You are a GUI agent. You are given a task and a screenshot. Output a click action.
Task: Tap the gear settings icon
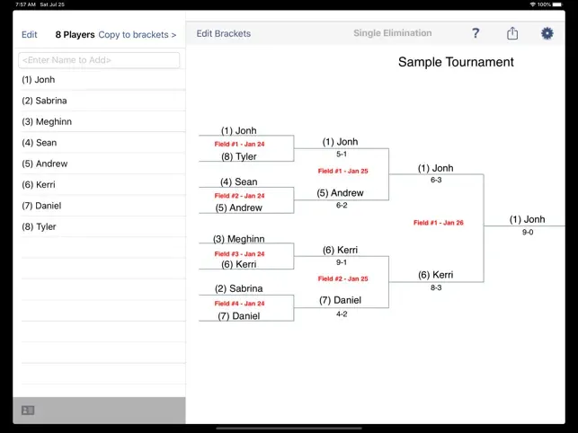point(547,33)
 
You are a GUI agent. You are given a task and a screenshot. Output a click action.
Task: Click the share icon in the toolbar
point(512,33)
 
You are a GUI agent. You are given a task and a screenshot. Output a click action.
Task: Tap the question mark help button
point(476,33)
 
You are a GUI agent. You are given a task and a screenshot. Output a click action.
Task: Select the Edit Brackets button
point(224,33)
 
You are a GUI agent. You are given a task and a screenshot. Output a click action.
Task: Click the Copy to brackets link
point(138,35)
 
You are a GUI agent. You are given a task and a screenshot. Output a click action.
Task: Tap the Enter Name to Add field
point(99,60)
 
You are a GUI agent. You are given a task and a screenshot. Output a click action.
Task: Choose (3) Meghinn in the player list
point(47,121)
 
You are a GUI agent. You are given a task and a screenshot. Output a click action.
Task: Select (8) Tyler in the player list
point(39,226)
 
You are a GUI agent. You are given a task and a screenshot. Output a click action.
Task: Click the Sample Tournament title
point(456,62)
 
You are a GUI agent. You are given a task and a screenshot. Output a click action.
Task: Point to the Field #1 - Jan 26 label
point(439,223)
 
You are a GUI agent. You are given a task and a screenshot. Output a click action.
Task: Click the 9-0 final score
point(528,232)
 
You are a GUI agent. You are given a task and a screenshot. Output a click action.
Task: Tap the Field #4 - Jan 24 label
point(240,304)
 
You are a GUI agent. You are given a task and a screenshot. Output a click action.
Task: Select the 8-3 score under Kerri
point(436,287)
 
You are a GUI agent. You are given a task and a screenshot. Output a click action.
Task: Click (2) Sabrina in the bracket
point(239,288)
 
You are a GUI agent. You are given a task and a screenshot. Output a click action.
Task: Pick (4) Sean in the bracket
point(239,182)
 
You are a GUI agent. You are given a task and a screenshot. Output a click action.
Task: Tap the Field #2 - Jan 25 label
point(342,278)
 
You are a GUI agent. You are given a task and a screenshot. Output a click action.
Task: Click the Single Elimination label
point(393,33)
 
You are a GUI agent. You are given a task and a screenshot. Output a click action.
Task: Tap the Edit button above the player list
point(30,35)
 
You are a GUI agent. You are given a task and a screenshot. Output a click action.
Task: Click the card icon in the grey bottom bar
point(28,411)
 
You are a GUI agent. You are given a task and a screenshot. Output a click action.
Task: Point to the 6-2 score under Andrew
point(342,205)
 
